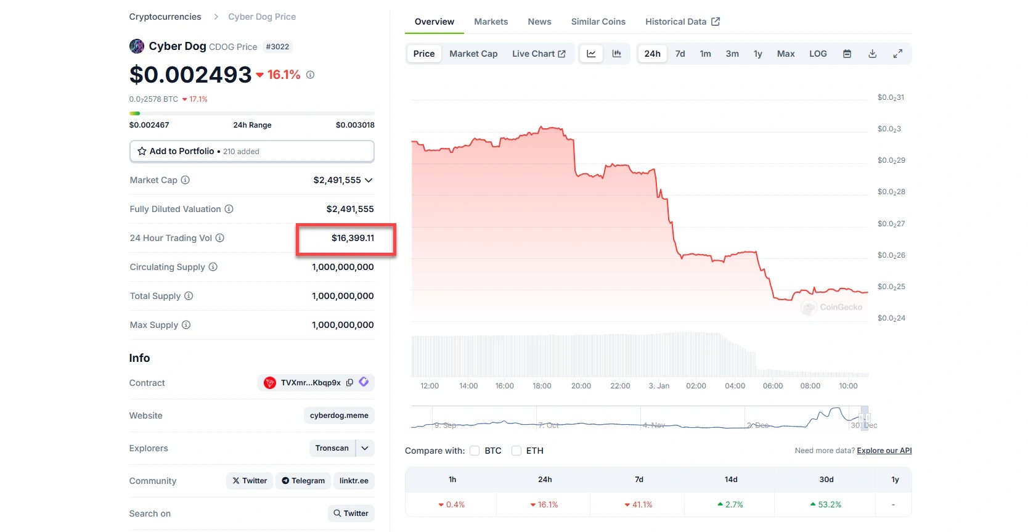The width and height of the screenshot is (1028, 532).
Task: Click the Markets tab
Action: click(491, 22)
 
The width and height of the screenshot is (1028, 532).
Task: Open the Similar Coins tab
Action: click(598, 22)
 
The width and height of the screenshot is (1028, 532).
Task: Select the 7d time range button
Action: click(680, 54)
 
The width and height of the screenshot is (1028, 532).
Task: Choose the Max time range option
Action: click(785, 54)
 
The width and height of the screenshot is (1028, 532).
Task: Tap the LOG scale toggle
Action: click(818, 54)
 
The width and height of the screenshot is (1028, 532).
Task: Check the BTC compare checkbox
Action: click(475, 451)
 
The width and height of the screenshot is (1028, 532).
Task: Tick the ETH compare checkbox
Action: click(516, 451)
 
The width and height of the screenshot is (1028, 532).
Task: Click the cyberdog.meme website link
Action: click(339, 415)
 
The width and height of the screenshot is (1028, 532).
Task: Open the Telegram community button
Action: click(303, 481)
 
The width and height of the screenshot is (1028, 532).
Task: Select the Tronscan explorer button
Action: click(332, 448)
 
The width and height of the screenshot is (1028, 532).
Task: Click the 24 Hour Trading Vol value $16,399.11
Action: click(353, 238)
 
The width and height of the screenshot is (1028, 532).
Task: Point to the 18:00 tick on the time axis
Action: click(542, 386)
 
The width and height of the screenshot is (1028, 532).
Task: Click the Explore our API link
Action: click(884, 451)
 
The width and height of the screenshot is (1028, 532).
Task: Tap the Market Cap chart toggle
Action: click(473, 54)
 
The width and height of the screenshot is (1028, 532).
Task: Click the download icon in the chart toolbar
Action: click(872, 54)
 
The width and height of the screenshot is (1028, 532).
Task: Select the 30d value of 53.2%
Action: click(826, 504)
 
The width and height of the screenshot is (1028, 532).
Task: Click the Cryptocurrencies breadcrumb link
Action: click(165, 17)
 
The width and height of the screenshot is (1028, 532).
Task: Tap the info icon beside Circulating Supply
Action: click(213, 267)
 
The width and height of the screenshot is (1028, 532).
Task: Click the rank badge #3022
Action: click(277, 47)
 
